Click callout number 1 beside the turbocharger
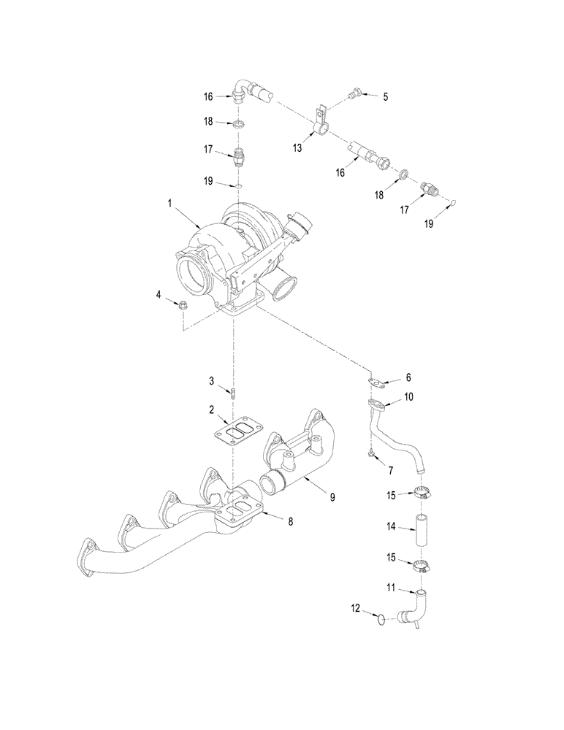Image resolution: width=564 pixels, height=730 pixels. click(x=170, y=207)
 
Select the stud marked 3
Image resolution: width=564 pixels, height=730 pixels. click(x=234, y=393)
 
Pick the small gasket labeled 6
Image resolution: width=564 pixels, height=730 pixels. click(x=376, y=380)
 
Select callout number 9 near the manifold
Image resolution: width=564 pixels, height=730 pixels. click(x=332, y=497)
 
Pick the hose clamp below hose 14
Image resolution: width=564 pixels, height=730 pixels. click(x=419, y=564)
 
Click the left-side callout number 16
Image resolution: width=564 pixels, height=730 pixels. click(x=208, y=96)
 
